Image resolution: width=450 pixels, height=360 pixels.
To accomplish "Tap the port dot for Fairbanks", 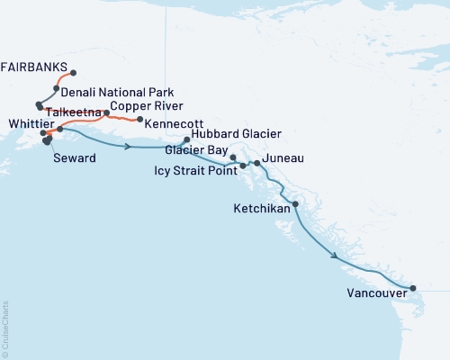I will pyautogui.click(x=73, y=73).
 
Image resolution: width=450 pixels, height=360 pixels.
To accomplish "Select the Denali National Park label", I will pyautogui.click(x=119, y=93).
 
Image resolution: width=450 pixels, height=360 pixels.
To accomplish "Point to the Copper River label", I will pyautogui.click(x=142, y=105).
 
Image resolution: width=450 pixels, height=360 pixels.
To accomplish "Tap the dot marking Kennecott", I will pyautogui.click(x=139, y=120).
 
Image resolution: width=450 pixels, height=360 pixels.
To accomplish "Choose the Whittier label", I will pyautogui.click(x=26, y=123).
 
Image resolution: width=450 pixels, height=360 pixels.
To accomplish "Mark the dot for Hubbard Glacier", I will pyautogui.click(x=186, y=139).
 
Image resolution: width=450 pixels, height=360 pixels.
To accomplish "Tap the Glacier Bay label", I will pyautogui.click(x=196, y=151).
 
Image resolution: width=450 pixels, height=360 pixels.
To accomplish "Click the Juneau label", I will pyautogui.click(x=283, y=158).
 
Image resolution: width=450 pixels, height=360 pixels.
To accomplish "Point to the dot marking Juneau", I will pyautogui.click(x=257, y=163).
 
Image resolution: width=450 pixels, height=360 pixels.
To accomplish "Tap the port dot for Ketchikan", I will pyautogui.click(x=296, y=204).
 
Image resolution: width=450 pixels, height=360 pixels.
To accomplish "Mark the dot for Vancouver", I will pyautogui.click(x=413, y=288).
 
